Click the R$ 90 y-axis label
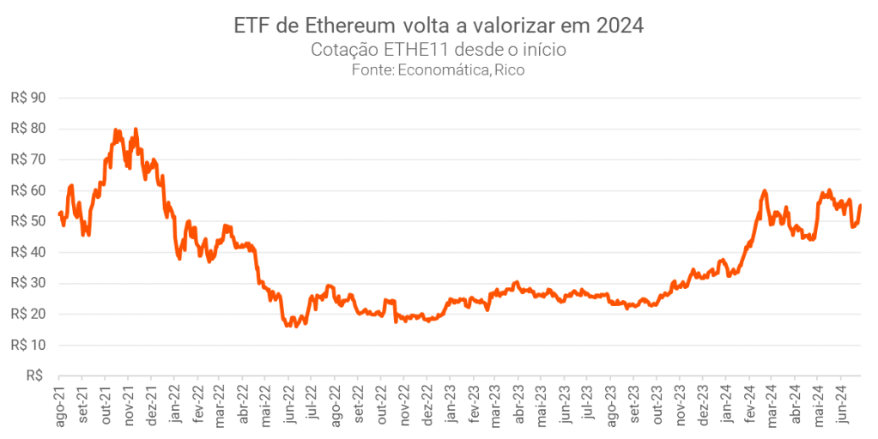[x=27, y=98]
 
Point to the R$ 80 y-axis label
[x=27, y=129]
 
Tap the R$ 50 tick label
[x=27, y=221]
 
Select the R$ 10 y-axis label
[x=27, y=345]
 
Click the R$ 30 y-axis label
[x=27, y=283]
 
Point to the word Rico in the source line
[x=509, y=70]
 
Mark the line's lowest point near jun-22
[x=288, y=326]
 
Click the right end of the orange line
[x=861, y=205]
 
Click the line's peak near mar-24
[x=764, y=190]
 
